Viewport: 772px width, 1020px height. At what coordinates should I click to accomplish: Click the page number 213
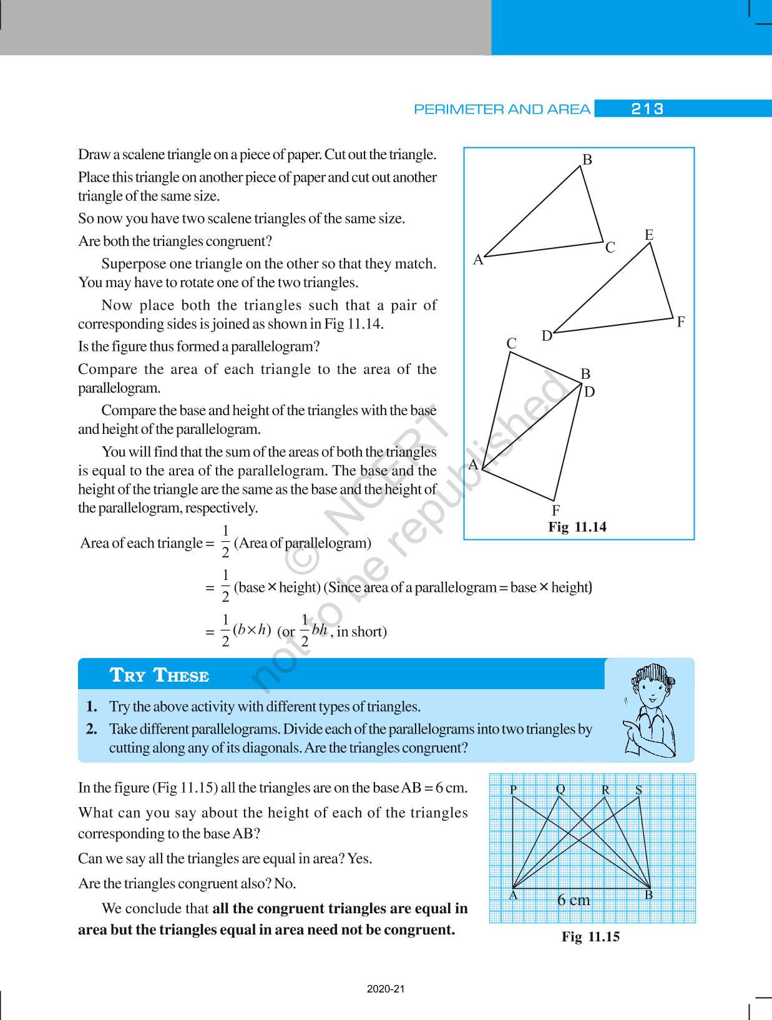point(647,109)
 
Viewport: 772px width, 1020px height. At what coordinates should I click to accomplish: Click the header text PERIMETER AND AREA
point(502,110)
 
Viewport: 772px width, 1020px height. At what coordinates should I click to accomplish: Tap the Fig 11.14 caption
point(577,527)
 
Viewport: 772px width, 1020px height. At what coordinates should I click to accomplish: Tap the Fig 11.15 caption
point(590,936)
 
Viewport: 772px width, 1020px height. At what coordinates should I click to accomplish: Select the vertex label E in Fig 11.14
point(649,235)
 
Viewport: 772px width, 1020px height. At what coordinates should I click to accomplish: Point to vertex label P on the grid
point(514,790)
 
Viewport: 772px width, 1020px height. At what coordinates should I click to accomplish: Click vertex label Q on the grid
point(560,789)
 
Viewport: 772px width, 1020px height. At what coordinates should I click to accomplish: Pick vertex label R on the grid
point(605,790)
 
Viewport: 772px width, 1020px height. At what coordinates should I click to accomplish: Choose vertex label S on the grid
point(638,790)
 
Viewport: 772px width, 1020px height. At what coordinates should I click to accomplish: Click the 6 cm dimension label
point(573,900)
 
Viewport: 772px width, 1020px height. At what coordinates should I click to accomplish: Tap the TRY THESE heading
point(159,675)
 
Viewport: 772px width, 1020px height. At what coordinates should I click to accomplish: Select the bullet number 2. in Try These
point(92,729)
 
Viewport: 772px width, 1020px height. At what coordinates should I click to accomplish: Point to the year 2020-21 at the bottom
point(386,989)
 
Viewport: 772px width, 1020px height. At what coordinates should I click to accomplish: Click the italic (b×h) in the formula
point(252,630)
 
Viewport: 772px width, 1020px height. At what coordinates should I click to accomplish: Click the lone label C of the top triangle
point(610,248)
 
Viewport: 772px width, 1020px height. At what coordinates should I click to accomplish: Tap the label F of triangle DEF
point(681,323)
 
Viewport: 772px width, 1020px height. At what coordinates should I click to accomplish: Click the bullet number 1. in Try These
point(92,707)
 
